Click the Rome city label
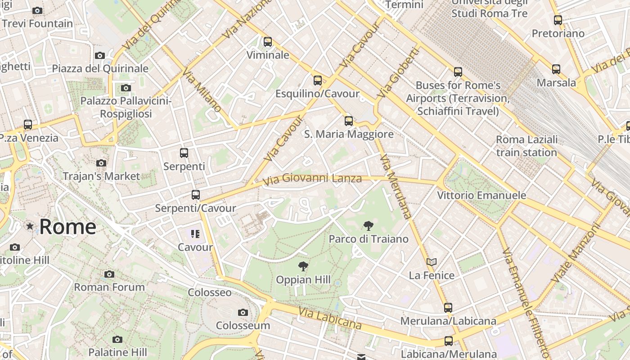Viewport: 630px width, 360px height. (67, 227)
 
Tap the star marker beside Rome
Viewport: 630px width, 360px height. (30, 226)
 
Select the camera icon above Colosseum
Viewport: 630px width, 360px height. (243, 312)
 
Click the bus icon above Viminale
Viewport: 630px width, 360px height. (268, 42)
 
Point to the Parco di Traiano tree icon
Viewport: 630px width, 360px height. (368, 226)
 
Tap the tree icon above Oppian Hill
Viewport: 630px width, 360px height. (303, 266)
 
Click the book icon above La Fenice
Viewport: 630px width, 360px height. (432, 262)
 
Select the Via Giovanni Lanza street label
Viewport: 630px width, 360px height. (312, 179)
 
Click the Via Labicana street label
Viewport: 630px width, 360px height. (330, 318)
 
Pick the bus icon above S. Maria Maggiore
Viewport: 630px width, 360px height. (349, 121)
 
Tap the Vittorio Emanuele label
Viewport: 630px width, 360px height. (481, 195)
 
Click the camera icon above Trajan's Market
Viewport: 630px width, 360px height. (101, 163)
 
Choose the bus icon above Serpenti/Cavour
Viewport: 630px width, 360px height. (195, 195)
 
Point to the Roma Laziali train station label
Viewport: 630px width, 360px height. (526, 146)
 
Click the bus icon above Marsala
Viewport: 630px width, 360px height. (556, 69)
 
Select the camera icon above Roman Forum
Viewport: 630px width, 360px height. (109, 274)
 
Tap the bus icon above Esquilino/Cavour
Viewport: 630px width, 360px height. (318, 81)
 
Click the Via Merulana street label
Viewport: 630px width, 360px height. (396, 187)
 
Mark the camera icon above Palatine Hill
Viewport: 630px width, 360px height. (117, 339)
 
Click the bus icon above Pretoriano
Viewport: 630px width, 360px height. (558, 20)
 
